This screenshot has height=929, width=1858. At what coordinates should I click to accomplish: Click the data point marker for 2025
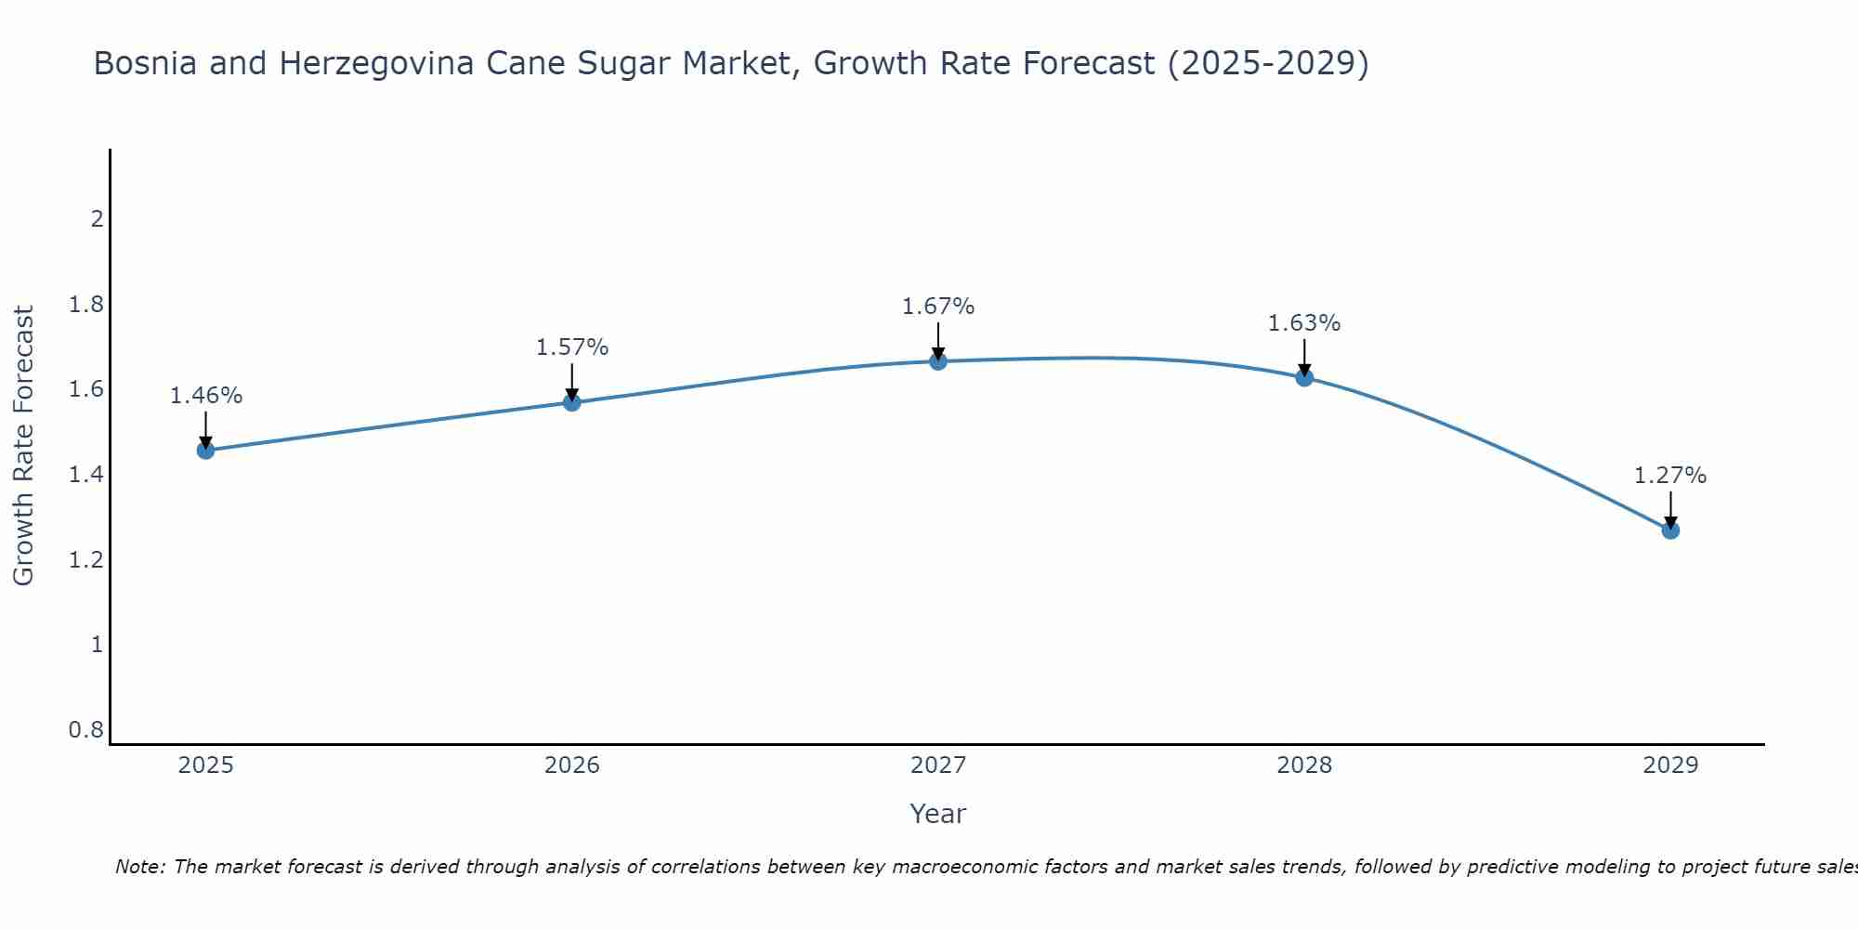point(206,451)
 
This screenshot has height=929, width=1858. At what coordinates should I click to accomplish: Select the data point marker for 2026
point(572,402)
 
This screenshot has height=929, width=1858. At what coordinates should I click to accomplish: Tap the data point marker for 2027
point(938,361)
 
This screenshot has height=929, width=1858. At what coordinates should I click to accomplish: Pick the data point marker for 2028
point(1304,377)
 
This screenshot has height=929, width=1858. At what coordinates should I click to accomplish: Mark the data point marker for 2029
point(1670,530)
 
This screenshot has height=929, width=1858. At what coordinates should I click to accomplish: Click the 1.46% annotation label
point(206,396)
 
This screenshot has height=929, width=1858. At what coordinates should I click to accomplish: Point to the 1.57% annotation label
point(572,347)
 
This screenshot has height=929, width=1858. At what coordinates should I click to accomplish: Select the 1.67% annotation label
point(938,307)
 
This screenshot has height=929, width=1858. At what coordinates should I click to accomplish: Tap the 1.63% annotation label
point(1304,323)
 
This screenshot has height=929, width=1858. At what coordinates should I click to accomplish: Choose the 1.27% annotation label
point(1670,476)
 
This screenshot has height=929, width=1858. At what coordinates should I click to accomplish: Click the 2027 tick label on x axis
point(938,765)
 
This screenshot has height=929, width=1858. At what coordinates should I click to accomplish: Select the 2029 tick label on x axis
point(1670,765)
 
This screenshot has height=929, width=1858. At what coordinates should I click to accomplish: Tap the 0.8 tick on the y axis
point(86,730)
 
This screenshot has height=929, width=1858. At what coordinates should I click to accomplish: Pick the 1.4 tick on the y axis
point(86,475)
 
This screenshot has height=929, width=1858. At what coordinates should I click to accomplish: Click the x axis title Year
point(938,814)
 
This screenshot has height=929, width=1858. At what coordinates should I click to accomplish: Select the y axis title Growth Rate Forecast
point(24,446)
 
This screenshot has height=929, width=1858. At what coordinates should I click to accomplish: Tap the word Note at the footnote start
point(140,867)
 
